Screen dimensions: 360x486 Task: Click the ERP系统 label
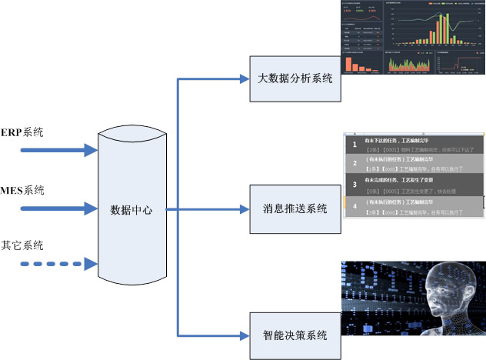coord(22,132)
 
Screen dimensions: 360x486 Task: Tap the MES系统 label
coord(23,190)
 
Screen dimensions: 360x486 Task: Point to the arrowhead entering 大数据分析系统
coord(245,78)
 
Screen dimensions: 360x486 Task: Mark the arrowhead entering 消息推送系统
coord(245,208)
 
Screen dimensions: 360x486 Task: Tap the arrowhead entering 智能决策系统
coord(245,335)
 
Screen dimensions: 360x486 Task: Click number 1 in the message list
coord(354,144)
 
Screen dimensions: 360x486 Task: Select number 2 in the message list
coord(354,163)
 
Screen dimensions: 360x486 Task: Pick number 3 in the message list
coord(354,185)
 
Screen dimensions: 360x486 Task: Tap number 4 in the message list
coord(354,205)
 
